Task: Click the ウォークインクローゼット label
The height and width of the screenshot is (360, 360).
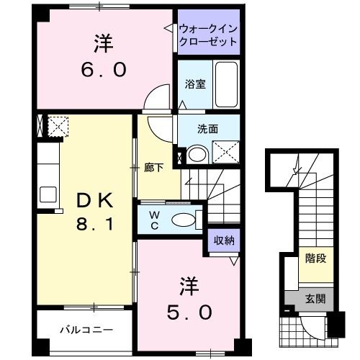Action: [x=208, y=35]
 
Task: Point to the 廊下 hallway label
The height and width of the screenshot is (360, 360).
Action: [x=153, y=168]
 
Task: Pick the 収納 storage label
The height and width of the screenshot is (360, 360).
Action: [x=223, y=241]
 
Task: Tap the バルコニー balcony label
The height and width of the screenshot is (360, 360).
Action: [x=86, y=330]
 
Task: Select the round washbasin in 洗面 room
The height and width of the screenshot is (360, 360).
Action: [x=196, y=153]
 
